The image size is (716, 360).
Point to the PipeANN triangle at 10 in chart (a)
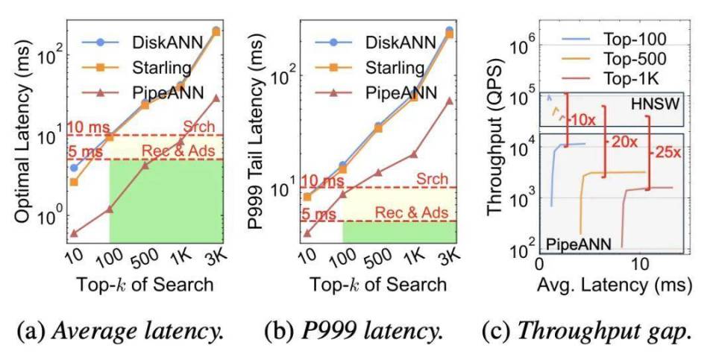(74, 233)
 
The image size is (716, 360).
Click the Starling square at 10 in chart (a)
(74, 182)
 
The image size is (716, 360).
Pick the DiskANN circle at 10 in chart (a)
(74, 168)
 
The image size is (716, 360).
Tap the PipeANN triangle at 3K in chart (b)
(449, 101)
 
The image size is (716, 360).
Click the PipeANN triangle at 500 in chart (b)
(378, 172)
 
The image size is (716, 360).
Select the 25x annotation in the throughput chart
(668, 152)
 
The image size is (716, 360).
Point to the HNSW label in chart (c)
(655, 104)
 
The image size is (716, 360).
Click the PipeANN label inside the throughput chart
(579, 244)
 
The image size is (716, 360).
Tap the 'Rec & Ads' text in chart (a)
(178, 151)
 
